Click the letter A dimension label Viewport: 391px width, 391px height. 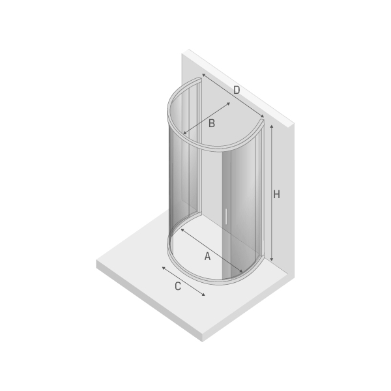click(x=207, y=256)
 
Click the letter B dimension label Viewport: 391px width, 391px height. click(x=211, y=123)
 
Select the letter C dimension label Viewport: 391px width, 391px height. click(x=177, y=286)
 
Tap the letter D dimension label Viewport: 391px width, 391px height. click(x=237, y=90)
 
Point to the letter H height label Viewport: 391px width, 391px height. click(x=276, y=194)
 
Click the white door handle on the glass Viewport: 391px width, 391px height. click(x=226, y=216)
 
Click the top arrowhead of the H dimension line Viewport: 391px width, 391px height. click(x=272, y=127)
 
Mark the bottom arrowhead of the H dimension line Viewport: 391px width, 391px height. click(x=272, y=259)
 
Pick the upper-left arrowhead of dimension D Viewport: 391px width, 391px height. click(x=203, y=75)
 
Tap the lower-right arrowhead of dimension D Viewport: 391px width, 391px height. click(x=262, y=116)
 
